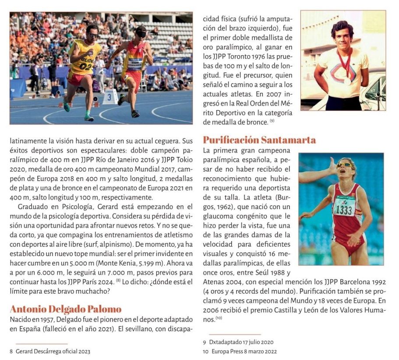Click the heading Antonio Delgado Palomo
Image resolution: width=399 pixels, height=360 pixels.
click(x=66, y=309)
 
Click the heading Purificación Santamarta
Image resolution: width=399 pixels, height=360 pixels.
click(x=259, y=140)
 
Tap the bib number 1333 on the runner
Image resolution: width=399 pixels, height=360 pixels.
click(x=345, y=209)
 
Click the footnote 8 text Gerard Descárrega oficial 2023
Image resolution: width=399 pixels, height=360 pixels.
click(x=53, y=351)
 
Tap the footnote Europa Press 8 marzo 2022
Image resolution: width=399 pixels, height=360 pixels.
click(x=244, y=351)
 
